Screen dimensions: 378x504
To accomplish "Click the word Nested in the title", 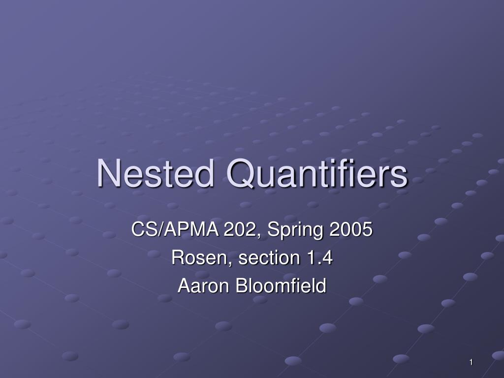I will click(x=156, y=174).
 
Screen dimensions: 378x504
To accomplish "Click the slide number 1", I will click(x=471, y=363).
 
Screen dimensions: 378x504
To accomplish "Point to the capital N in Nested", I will click(x=108, y=174).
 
